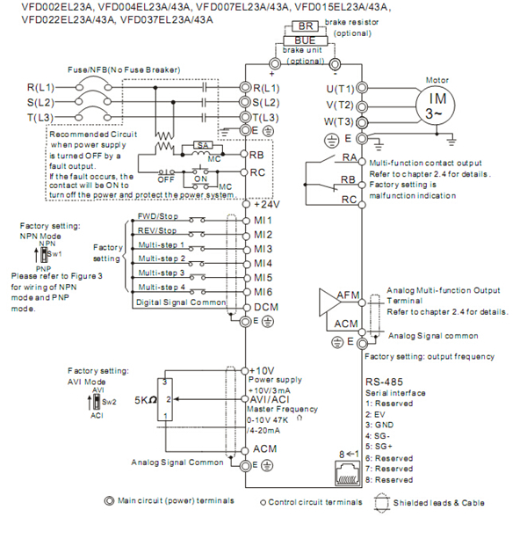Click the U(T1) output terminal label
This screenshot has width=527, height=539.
341,88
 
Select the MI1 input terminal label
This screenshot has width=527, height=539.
263,220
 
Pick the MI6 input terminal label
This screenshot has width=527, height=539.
263,291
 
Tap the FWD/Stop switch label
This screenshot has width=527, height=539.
158,216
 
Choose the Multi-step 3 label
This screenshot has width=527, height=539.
163,273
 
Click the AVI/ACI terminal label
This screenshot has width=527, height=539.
272,398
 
